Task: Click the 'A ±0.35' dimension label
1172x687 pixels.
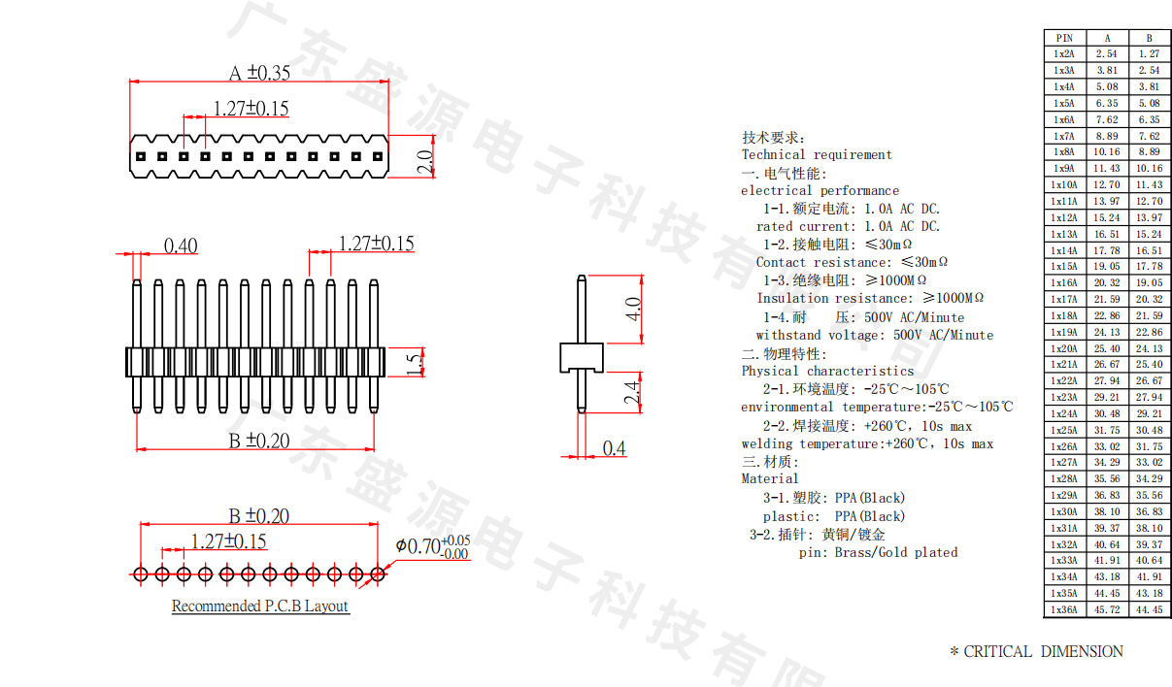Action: (x=259, y=73)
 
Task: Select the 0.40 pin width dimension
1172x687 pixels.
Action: (x=180, y=246)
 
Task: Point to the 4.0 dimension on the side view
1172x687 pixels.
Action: (x=631, y=310)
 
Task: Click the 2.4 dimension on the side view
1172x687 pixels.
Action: (x=631, y=392)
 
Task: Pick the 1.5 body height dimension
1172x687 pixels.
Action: (x=415, y=362)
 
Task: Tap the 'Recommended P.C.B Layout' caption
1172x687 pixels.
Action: (x=259, y=606)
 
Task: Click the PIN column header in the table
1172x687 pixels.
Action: (x=1063, y=38)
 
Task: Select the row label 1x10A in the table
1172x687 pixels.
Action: (x=1063, y=184)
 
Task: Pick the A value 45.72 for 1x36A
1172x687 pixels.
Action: (x=1107, y=610)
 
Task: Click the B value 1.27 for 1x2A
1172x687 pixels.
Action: (x=1149, y=54)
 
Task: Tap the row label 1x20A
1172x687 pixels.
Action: (x=1063, y=348)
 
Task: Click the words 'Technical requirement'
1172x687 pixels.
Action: (x=817, y=154)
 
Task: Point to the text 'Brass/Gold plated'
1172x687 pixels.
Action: (x=896, y=552)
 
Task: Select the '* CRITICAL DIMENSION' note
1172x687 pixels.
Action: (x=1036, y=652)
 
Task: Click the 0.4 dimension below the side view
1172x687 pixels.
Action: (x=614, y=448)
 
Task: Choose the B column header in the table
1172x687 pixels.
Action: (x=1149, y=38)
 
